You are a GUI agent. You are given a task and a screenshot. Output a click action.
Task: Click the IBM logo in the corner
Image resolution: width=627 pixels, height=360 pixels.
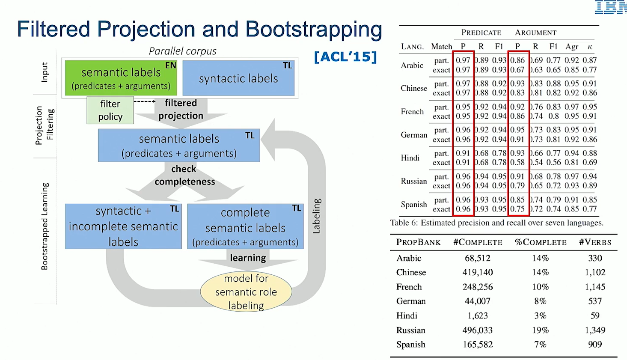pyautogui.click(x=611, y=7)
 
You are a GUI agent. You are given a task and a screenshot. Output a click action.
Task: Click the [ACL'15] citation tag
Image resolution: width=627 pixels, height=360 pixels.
pyautogui.click(x=345, y=57)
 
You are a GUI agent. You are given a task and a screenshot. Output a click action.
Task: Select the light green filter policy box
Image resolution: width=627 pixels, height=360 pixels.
pyautogui.click(x=110, y=110)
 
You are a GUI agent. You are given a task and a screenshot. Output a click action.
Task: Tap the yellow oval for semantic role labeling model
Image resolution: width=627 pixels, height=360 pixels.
pyautogui.click(x=246, y=292)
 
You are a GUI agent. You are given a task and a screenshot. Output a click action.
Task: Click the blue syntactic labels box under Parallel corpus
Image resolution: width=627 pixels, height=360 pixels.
pyautogui.click(x=238, y=78)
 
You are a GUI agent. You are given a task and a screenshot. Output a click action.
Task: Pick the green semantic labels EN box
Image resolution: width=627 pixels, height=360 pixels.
pyautogui.click(x=121, y=78)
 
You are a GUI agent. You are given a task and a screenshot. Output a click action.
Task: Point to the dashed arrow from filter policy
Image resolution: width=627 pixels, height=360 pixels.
pyautogui.click(x=144, y=101)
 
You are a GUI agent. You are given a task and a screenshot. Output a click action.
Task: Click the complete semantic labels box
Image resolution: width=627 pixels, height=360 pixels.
pyautogui.click(x=245, y=226)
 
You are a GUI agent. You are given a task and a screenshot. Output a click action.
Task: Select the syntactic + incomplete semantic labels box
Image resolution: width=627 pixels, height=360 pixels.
pyautogui.click(x=123, y=226)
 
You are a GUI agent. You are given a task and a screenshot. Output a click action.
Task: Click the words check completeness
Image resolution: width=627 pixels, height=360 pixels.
pyautogui.click(x=184, y=176)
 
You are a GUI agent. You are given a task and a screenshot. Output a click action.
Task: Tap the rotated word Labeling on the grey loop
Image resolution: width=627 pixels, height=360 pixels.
pyautogui.click(x=316, y=216)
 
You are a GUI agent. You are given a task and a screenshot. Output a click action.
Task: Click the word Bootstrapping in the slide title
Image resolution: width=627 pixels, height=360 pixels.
pyautogui.click(x=313, y=30)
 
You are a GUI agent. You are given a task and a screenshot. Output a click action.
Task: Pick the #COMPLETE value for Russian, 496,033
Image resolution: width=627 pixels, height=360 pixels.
pyautogui.click(x=478, y=330)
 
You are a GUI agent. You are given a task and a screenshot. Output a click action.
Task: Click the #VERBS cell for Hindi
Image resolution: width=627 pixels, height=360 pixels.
pyautogui.click(x=595, y=315)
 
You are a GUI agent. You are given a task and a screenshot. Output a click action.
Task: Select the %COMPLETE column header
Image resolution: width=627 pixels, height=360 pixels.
pyautogui.click(x=541, y=242)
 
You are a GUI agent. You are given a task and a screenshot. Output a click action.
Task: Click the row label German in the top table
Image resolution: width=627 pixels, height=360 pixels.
pyautogui.click(x=414, y=135)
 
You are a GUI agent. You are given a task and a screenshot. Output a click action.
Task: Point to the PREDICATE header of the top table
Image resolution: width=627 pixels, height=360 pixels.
pyautogui.click(x=481, y=33)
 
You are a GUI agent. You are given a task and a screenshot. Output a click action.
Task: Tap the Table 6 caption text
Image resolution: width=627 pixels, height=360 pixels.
pyautogui.click(x=496, y=223)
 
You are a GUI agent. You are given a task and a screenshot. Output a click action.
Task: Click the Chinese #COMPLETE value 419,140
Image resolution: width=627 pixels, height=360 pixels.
pyautogui.click(x=478, y=272)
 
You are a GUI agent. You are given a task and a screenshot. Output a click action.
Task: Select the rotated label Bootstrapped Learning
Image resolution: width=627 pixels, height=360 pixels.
pyautogui.click(x=45, y=226)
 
